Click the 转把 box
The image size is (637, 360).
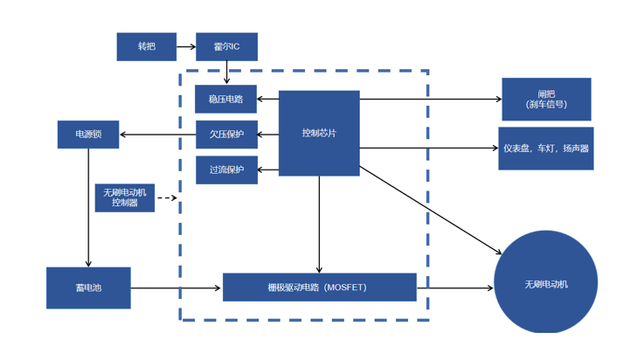tap(146, 46)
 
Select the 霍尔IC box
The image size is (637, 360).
tap(226, 46)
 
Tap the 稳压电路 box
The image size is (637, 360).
tap(225, 100)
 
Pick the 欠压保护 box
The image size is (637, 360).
tap(225, 135)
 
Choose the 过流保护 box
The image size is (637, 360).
tap(225, 170)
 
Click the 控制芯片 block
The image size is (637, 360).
tap(319, 133)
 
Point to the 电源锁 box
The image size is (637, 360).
tap(88, 135)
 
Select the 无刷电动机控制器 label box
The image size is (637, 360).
tap(125, 197)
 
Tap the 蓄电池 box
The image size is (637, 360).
tap(88, 287)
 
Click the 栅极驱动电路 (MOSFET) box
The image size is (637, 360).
tap(319, 287)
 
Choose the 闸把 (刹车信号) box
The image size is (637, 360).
tap(546, 99)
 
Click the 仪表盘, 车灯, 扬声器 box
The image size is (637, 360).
tap(546, 148)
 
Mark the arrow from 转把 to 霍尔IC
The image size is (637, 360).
tap(185, 46)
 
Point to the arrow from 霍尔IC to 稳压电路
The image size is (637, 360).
tap(226, 73)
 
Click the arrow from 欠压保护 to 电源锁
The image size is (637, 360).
tap(157, 135)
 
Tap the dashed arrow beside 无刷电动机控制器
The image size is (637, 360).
tap(166, 198)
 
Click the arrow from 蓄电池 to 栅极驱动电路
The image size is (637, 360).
tap(176, 287)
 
